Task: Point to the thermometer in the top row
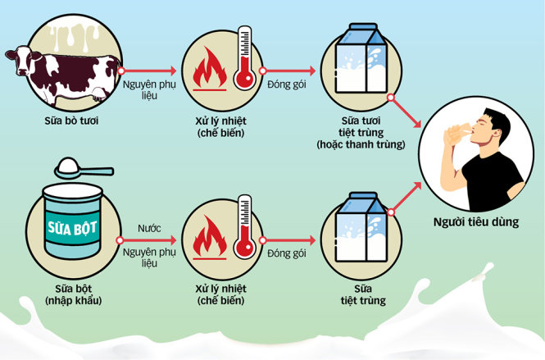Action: point(243,62)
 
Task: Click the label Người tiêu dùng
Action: point(476,221)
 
